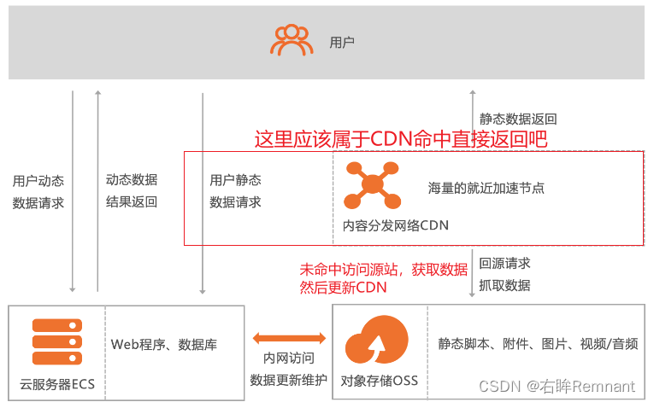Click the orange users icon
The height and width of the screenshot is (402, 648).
point(292,40)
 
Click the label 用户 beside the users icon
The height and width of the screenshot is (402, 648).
point(341,42)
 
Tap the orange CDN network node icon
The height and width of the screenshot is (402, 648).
point(372,185)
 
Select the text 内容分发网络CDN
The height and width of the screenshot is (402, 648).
point(395,225)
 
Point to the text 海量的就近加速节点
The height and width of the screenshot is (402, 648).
point(486,187)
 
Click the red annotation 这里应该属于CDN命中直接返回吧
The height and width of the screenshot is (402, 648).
point(400,138)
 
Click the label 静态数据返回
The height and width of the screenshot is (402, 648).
point(518,119)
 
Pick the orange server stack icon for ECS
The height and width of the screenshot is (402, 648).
point(57,344)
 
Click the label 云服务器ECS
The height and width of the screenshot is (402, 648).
point(57,383)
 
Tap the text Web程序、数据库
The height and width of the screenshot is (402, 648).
point(164,345)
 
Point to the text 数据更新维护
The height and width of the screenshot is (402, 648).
point(288,379)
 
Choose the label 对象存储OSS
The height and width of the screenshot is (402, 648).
point(380,380)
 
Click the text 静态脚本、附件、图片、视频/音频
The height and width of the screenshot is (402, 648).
point(538,344)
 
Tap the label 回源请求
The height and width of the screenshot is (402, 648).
point(504,264)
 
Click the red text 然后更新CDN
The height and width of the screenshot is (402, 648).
point(343,288)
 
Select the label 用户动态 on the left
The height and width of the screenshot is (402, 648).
point(38,181)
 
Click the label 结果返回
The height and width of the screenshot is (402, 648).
point(132,202)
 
